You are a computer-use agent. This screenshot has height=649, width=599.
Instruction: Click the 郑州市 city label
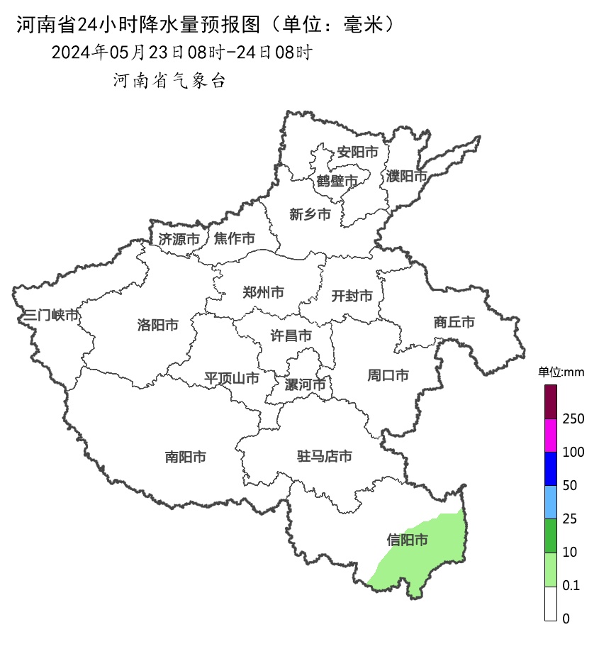(263, 292)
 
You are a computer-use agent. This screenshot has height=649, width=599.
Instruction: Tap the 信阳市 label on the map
(408, 540)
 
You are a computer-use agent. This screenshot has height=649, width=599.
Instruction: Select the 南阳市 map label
(185, 457)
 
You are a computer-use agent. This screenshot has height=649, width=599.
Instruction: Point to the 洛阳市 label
(157, 326)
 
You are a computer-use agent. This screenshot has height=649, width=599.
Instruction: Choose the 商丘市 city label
(454, 323)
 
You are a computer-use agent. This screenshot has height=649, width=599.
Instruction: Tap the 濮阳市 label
(407, 176)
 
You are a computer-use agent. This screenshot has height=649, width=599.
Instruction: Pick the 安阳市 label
(357, 152)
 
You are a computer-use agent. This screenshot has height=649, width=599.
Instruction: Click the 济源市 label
(179, 240)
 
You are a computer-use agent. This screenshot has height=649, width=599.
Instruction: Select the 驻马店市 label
(324, 457)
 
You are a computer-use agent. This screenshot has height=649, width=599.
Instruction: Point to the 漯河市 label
(305, 385)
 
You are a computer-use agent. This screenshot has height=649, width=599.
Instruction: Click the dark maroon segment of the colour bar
(551, 401)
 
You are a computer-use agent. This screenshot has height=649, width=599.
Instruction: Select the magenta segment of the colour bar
(551, 435)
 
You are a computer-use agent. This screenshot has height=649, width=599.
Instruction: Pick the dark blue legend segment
(551, 468)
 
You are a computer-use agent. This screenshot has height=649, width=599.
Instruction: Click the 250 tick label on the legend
(573, 419)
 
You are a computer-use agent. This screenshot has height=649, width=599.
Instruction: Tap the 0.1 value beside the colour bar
(571, 586)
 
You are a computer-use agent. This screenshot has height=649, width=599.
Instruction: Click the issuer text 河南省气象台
(169, 81)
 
